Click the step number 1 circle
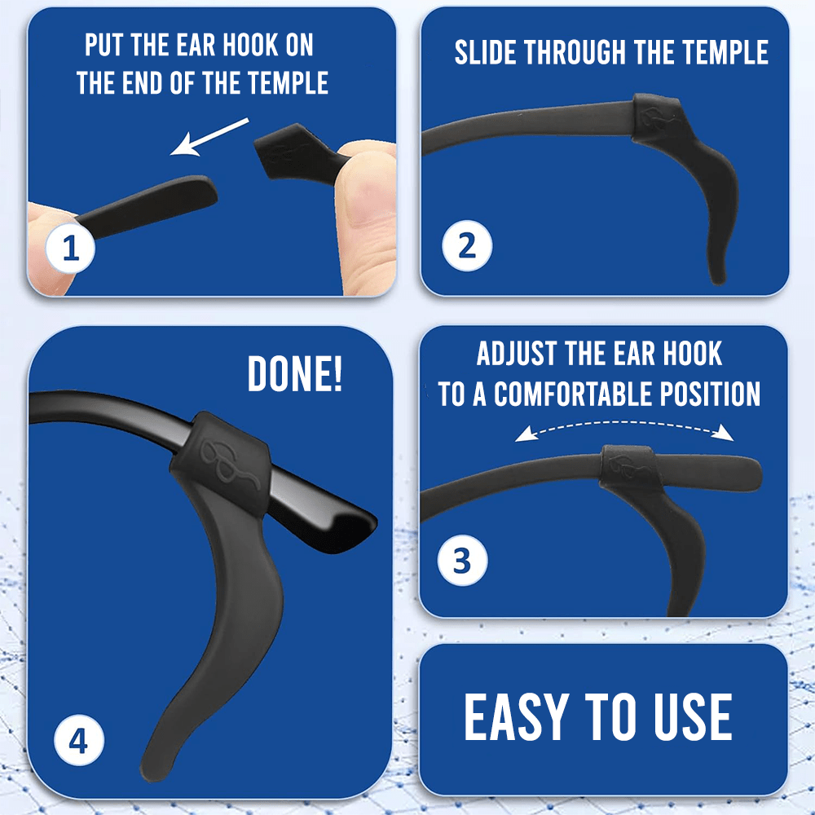pos(70,249)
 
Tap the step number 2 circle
pos(467,246)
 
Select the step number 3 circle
pos(462,561)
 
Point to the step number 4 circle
pos(79,740)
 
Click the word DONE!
pos(295,373)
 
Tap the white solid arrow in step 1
pos(209,137)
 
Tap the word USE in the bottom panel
pos(693,716)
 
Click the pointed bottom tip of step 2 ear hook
pos(718,281)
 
